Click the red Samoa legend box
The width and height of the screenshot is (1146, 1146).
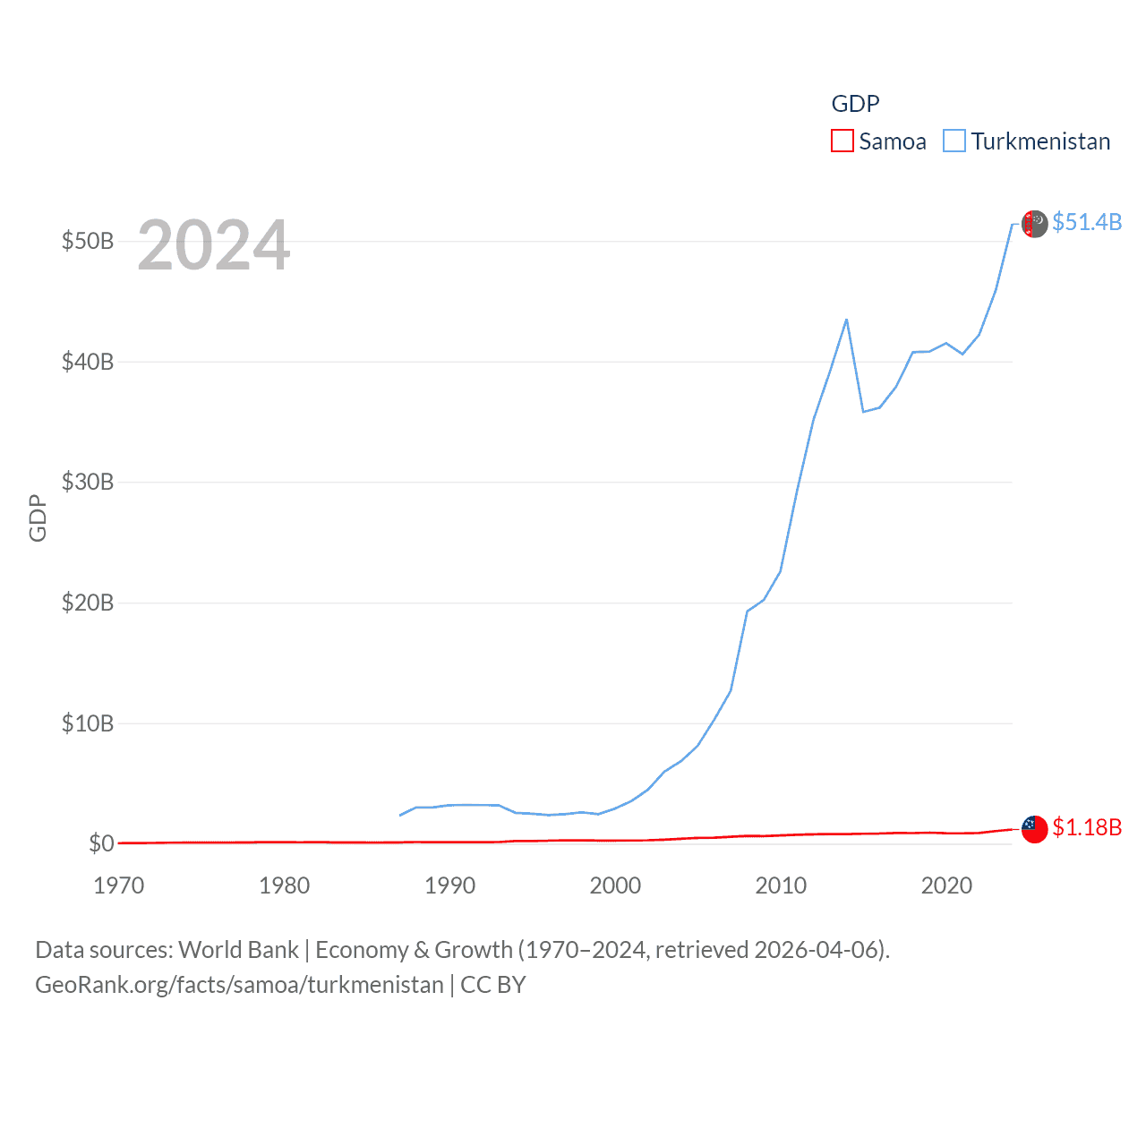[x=842, y=141]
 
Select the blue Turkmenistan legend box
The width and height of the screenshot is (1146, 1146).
[x=954, y=141]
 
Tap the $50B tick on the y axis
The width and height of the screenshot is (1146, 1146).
[x=88, y=242]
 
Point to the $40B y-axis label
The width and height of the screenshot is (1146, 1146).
[x=88, y=362]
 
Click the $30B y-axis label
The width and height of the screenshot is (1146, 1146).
[x=88, y=483]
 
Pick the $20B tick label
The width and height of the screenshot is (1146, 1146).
[x=88, y=603]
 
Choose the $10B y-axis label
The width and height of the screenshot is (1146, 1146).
[x=88, y=723]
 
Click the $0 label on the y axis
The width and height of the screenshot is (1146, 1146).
[x=101, y=843]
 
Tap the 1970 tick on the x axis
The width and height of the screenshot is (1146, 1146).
[x=119, y=885]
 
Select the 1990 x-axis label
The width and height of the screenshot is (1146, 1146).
[x=449, y=885]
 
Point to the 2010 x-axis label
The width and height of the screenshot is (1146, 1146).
[x=781, y=885]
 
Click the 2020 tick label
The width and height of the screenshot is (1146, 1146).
[x=946, y=885]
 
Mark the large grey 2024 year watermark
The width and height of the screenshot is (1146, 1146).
[x=214, y=245]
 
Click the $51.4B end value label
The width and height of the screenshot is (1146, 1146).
[x=1087, y=222]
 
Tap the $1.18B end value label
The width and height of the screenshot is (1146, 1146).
[x=1087, y=827]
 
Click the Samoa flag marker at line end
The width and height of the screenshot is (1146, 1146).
[x=1035, y=829]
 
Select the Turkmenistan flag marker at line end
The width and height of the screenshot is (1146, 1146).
[x=1035, y=224]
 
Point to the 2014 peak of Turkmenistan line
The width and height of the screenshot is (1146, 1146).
[x=846, y=320]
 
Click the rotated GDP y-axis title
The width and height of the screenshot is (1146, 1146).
[x=38, y=517]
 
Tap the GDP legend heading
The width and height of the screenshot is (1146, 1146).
[x=855, y=104]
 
